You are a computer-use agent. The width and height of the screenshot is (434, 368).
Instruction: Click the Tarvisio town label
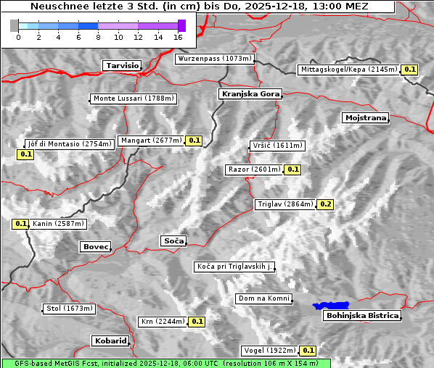click(122, 65)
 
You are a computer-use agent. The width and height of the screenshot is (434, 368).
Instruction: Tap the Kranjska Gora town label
click(249, 94)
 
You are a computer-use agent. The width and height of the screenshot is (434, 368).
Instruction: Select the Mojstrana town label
click(366, 117)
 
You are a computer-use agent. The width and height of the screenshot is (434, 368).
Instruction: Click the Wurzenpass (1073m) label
click(215, 59)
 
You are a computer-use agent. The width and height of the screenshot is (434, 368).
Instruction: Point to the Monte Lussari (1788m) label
click(134, 99)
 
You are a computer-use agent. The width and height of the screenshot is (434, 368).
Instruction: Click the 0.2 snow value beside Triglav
click(326, 204)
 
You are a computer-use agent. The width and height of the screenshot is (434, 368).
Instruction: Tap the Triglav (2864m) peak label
click(285, 204)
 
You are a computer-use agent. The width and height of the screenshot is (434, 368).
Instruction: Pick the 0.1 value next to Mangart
click(194, 141)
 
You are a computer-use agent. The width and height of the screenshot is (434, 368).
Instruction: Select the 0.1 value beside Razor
click(292, 170)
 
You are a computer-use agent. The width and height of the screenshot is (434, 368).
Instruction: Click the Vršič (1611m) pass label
click(276, 146)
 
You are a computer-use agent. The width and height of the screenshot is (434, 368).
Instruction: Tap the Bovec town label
click(95, 247)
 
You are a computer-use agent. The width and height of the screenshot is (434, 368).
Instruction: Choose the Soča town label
click(173, 241)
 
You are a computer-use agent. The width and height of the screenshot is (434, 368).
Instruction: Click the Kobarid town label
click(110, 340)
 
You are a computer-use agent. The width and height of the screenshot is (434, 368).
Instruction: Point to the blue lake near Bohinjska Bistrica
click(331, 306)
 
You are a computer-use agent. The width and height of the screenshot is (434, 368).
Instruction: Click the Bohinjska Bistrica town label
click(362, 315)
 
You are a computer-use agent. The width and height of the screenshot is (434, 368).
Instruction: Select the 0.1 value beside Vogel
click(309, 351)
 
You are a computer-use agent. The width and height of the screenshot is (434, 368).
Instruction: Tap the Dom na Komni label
click(263, 298)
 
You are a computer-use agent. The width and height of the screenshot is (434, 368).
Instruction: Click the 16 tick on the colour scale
click(178, 36)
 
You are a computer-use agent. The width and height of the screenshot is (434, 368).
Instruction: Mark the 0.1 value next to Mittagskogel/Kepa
click(410, 70)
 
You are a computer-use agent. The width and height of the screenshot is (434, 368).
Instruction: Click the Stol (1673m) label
click(70, 309)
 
